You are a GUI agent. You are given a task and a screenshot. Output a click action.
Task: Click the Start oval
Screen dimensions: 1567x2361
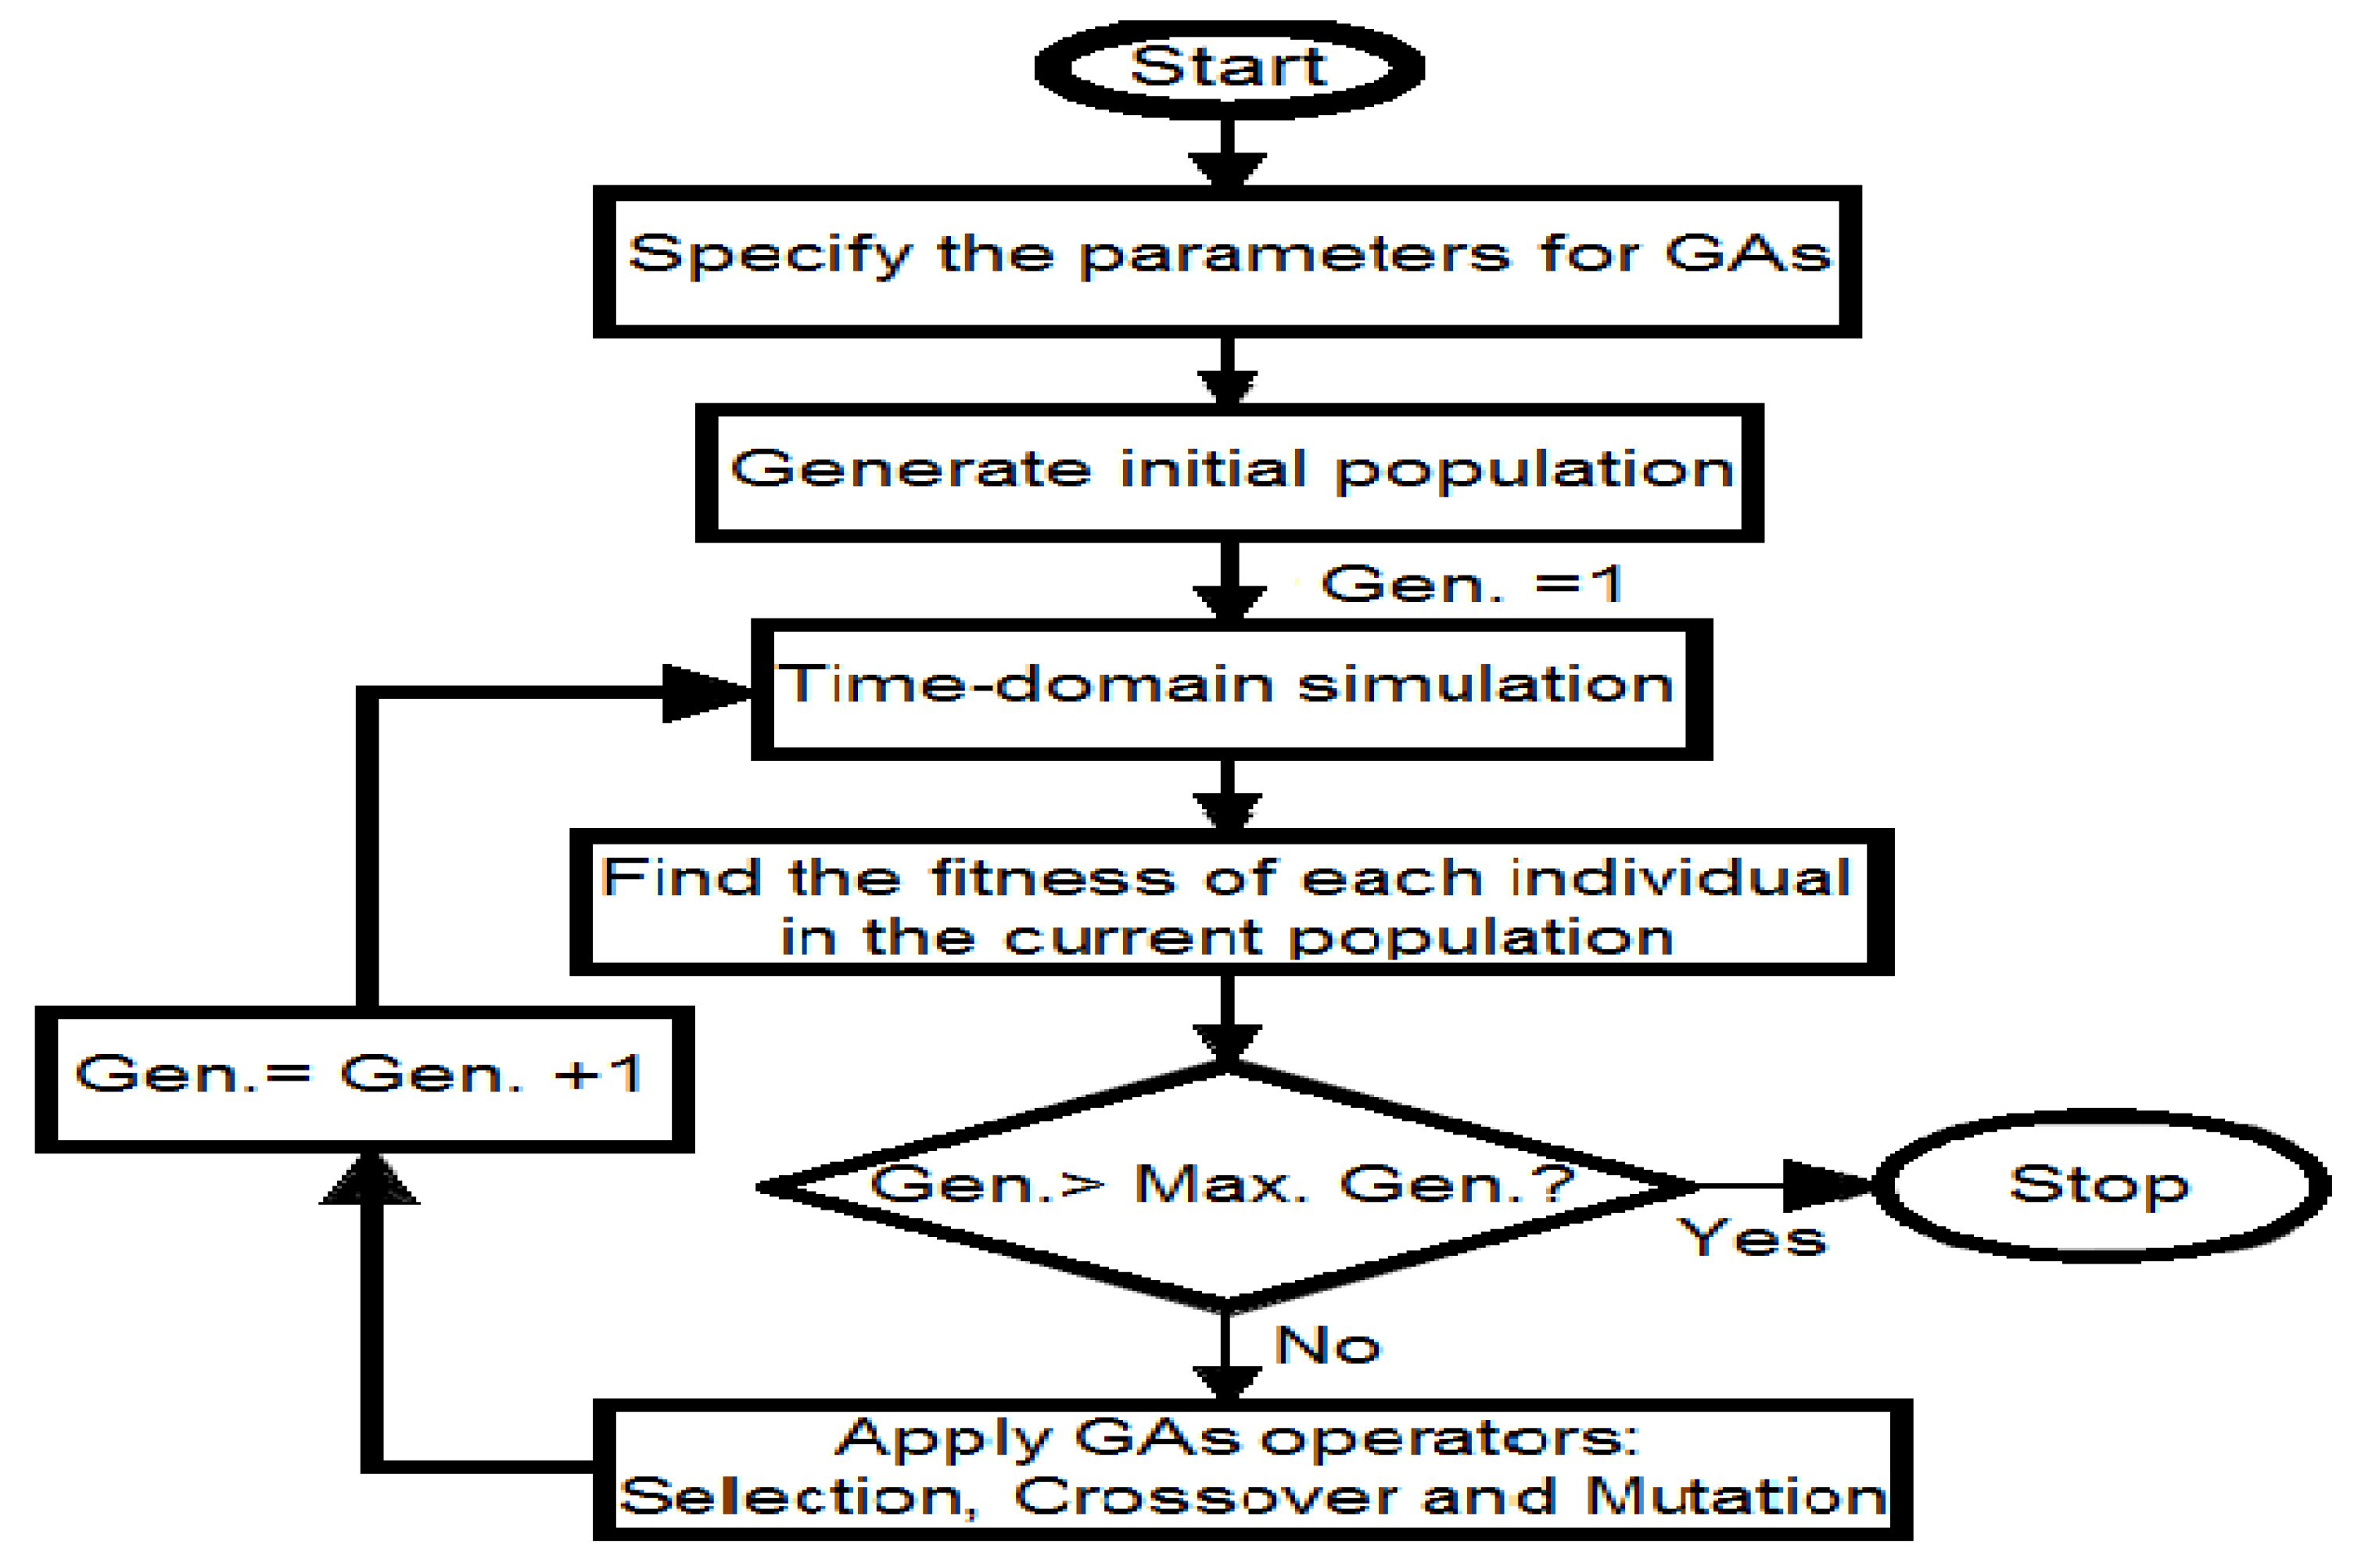click(1229, 68)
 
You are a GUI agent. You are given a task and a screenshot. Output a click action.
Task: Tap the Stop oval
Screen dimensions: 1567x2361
click(2100, 1185)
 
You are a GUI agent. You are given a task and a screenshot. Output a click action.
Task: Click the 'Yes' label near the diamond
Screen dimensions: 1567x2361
click(1751, 1239)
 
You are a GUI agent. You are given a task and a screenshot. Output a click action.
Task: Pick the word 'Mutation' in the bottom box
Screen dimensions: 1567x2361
click(1735, 1497)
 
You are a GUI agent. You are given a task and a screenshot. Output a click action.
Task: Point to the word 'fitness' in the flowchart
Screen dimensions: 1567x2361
click(1053, 877)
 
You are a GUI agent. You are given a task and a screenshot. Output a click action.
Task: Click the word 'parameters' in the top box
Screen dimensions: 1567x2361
click(1294, 255)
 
